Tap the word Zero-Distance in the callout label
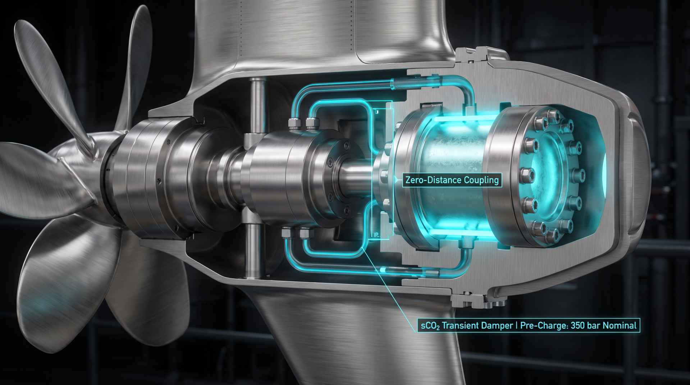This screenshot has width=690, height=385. pos(434,180)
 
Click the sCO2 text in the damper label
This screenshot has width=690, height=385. pos(430,326)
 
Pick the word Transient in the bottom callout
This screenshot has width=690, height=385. pos(459,326)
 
